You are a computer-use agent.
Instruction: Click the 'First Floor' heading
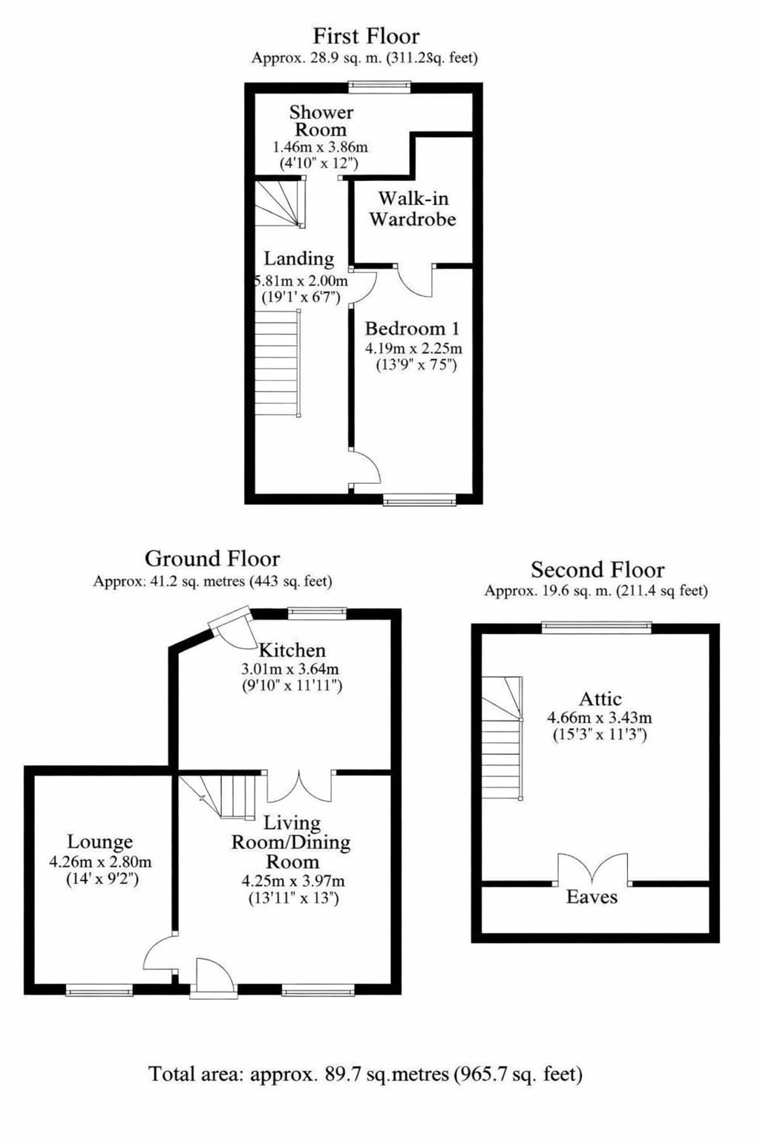(366, 36)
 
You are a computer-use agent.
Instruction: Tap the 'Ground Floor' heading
(212, 558)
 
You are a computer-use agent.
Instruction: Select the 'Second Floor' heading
(597, 569)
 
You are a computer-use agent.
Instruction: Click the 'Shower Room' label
(321, 121)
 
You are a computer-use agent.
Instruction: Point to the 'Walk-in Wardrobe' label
(413, 209)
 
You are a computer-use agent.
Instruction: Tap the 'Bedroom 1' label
(413, 329)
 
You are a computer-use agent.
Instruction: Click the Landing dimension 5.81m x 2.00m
(301, 281)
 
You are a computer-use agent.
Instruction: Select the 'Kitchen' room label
(292, 650)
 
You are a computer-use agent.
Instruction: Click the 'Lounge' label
(100, 842)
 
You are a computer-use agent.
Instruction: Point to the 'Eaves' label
(592, 897)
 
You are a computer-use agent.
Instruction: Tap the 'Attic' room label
(600, 698)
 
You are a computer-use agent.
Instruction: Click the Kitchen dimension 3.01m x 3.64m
(290, 669)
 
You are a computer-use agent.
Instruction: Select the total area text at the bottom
(365, 1074)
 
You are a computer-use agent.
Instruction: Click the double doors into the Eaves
(592, 870)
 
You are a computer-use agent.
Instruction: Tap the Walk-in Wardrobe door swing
(415, 281)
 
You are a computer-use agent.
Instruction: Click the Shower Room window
(379, 87)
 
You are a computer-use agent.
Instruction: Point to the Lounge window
(99, 990)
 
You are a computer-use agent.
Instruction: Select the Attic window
(597, 627)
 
